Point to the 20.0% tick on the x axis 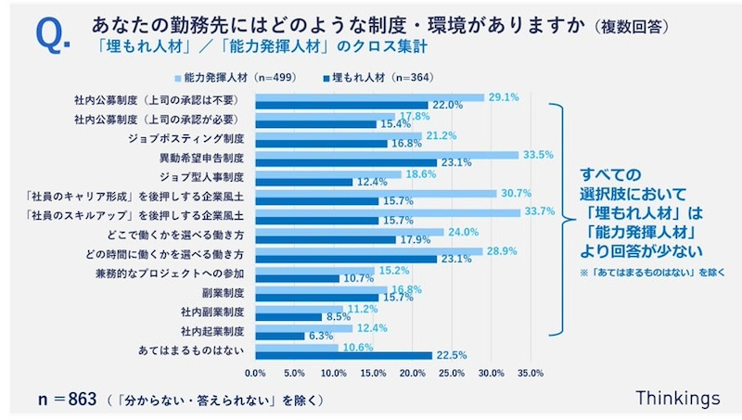[x=412, y=373]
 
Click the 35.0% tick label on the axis [x=531, y=373]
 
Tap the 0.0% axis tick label [x=254, y=373]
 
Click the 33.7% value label [x=539, y=211]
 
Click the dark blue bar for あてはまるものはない [x=343, y=355]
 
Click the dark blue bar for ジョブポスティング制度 [x=321, y=144]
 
